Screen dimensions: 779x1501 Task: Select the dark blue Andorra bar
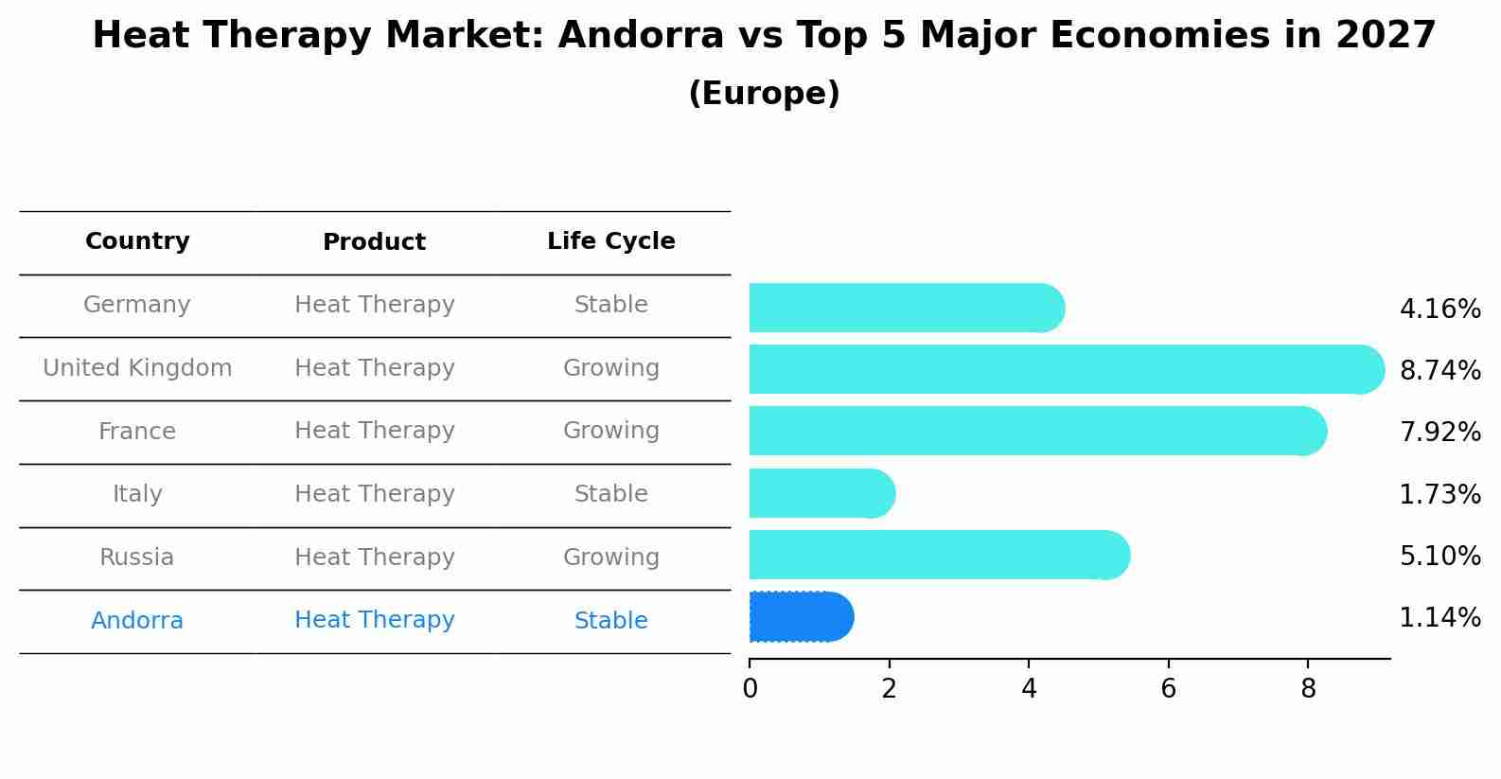tap(801, 617)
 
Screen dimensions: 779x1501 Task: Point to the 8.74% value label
tap(1439, 370)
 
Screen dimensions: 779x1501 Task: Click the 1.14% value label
tap(1439, 618)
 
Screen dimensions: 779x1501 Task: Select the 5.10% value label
tap(1439, 556)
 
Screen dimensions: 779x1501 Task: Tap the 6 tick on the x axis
tap(1168, 689)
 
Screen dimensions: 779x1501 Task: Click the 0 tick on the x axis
tap(750, 689)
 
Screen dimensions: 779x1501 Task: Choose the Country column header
tap(137, 241)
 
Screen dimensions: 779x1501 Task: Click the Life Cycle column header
tap(610, 241)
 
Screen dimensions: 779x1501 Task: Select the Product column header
tap(374, 242)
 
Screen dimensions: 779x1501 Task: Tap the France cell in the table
tap(137, 432)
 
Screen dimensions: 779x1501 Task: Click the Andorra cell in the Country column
tap(137, 621)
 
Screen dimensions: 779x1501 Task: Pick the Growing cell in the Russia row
tap(610, 558)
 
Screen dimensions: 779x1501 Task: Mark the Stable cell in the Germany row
tap(610, 305)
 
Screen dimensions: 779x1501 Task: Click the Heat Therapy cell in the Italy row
tap(374, 494)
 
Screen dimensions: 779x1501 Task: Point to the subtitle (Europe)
tap(764, 94)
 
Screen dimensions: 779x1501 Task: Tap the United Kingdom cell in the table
tap(137, 368)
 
